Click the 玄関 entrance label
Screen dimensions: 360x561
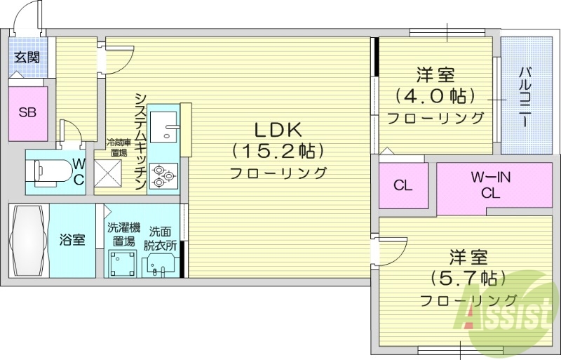[27, 58]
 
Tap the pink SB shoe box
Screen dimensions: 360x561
[27, 112]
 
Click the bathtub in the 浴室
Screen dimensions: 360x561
[29, 240]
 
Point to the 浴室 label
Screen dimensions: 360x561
[72, 240]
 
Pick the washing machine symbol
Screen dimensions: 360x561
[121, 264]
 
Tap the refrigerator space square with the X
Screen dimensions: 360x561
[109, 173]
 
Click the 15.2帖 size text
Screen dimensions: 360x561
[277, 150]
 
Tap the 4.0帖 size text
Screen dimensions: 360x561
[435, 95]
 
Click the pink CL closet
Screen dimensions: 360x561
[403, 186]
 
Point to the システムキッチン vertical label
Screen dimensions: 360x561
[140, 140]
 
